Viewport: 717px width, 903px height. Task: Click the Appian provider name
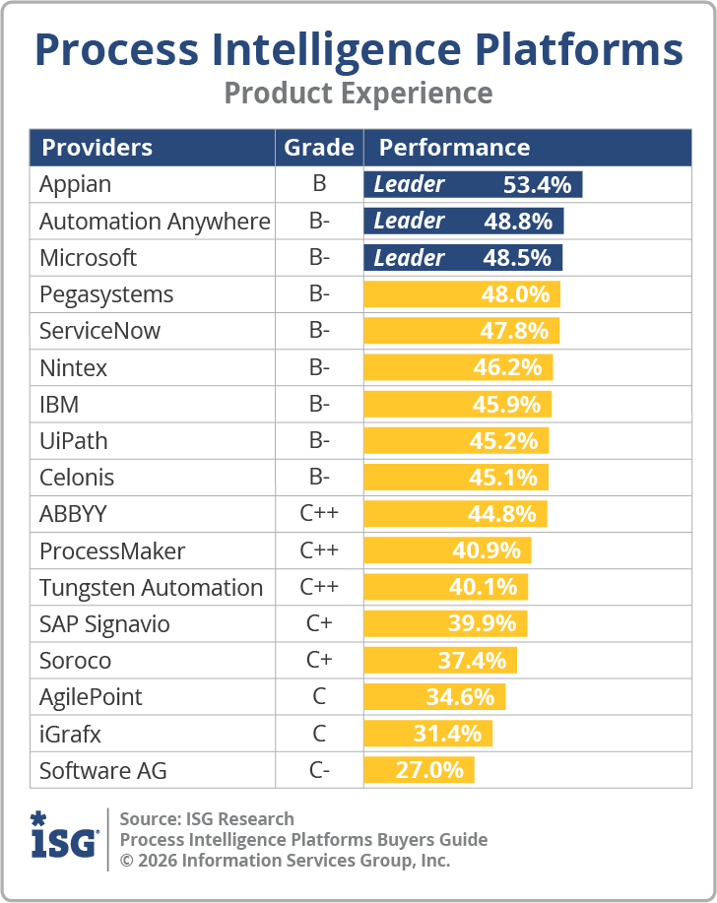click(75, 184)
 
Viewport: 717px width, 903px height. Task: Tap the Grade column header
click(319, 148)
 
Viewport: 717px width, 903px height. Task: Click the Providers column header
click(97, 148)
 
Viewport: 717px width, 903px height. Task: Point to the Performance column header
click(454, 148)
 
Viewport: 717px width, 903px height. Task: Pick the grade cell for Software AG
click(319, 770)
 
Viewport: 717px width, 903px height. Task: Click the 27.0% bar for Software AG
click(420, 770)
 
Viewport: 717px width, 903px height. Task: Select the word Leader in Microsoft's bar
click(409, 258)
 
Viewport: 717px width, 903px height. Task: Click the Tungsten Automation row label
click(151, 588)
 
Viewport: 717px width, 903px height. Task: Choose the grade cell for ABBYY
click(319, 514)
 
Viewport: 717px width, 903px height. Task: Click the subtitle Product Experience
click(358, 93)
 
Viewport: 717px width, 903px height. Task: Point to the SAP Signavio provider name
click(104, 624)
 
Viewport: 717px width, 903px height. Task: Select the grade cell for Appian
click(319, 184)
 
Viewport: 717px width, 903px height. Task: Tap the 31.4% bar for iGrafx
click(428, 734)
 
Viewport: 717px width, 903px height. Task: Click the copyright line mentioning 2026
click(285, 861)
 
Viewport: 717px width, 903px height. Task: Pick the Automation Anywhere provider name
click(155, 222)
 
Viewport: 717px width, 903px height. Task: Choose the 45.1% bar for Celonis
click(456, 478)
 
